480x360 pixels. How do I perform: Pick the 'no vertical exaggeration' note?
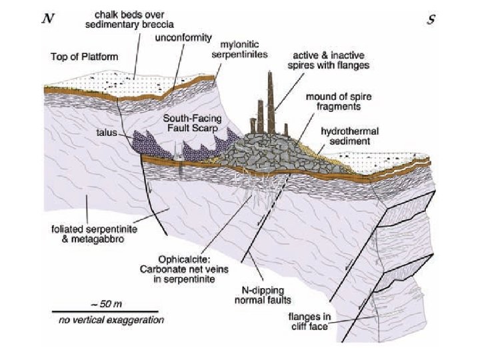(109, 319)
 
